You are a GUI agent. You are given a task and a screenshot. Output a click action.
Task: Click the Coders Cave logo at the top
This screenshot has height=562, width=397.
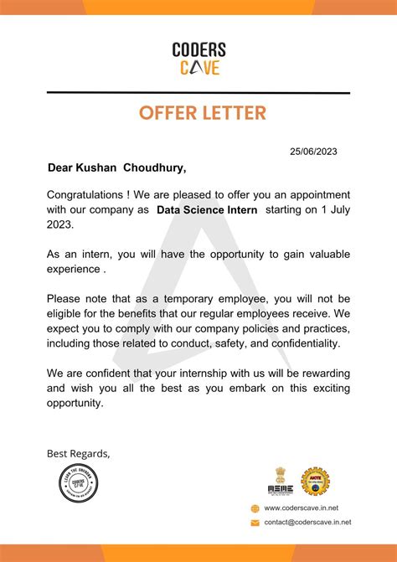tap(198, 59)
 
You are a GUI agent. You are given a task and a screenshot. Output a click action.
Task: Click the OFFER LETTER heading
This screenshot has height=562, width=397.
tap(198, 112)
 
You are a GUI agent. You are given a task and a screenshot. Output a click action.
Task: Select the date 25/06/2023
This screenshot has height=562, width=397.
tap(313, 152)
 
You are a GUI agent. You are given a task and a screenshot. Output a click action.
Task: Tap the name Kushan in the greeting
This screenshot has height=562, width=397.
tap(97, 168)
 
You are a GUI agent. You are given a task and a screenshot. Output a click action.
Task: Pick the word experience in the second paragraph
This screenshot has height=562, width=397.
tap(73, 270)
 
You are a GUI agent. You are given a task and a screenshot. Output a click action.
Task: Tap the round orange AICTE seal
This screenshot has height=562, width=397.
tap(316, 481)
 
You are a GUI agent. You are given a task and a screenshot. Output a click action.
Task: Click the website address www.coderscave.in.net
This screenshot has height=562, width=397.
tap(301, 508)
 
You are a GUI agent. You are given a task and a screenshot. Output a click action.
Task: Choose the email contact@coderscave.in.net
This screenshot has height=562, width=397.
tap(307, 522)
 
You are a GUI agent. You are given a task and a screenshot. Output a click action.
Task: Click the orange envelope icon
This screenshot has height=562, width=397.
tap(255, 522)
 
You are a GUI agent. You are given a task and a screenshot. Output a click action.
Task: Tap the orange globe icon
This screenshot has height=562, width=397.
tap(255, 508)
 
